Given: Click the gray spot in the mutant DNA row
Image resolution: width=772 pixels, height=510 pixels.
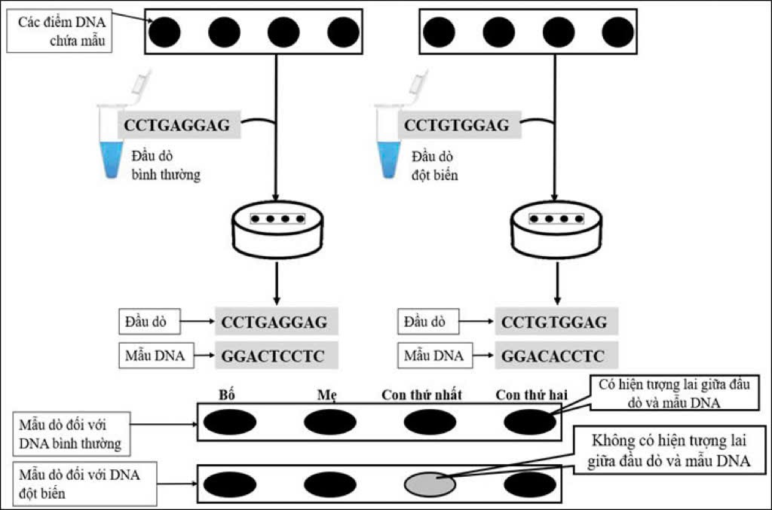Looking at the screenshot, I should (x=430, y=483).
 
